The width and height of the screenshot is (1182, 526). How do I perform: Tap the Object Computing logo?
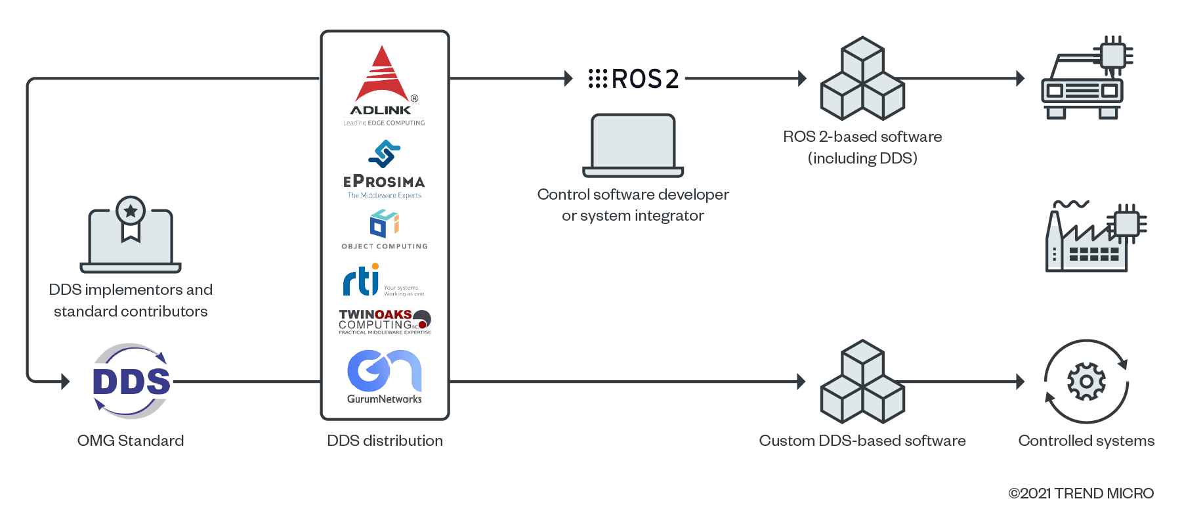pos(385,229)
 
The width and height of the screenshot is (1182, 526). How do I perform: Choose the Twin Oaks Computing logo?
pos(385,322)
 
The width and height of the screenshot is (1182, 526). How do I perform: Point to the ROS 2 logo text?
pos(634,79)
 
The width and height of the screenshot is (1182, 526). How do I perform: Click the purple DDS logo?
pos(131,381)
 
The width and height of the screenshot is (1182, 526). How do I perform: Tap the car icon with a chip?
pos(1086,79)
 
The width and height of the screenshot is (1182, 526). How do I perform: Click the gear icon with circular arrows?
pos(1086,382)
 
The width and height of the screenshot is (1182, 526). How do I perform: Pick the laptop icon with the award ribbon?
pos(131,235)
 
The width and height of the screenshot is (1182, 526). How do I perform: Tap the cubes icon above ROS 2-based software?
pos(863,79)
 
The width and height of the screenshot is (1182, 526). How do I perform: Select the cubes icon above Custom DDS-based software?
pos(863,382)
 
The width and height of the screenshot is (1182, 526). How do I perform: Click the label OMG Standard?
pos(131,441)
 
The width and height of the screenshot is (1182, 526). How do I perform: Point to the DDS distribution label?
pos(385,441)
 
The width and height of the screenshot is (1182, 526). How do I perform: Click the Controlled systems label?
pos(1086,441)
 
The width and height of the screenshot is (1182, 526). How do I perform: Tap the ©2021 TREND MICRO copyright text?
pos(1081,493)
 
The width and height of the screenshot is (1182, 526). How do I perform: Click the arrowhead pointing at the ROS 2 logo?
pos(568,79)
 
